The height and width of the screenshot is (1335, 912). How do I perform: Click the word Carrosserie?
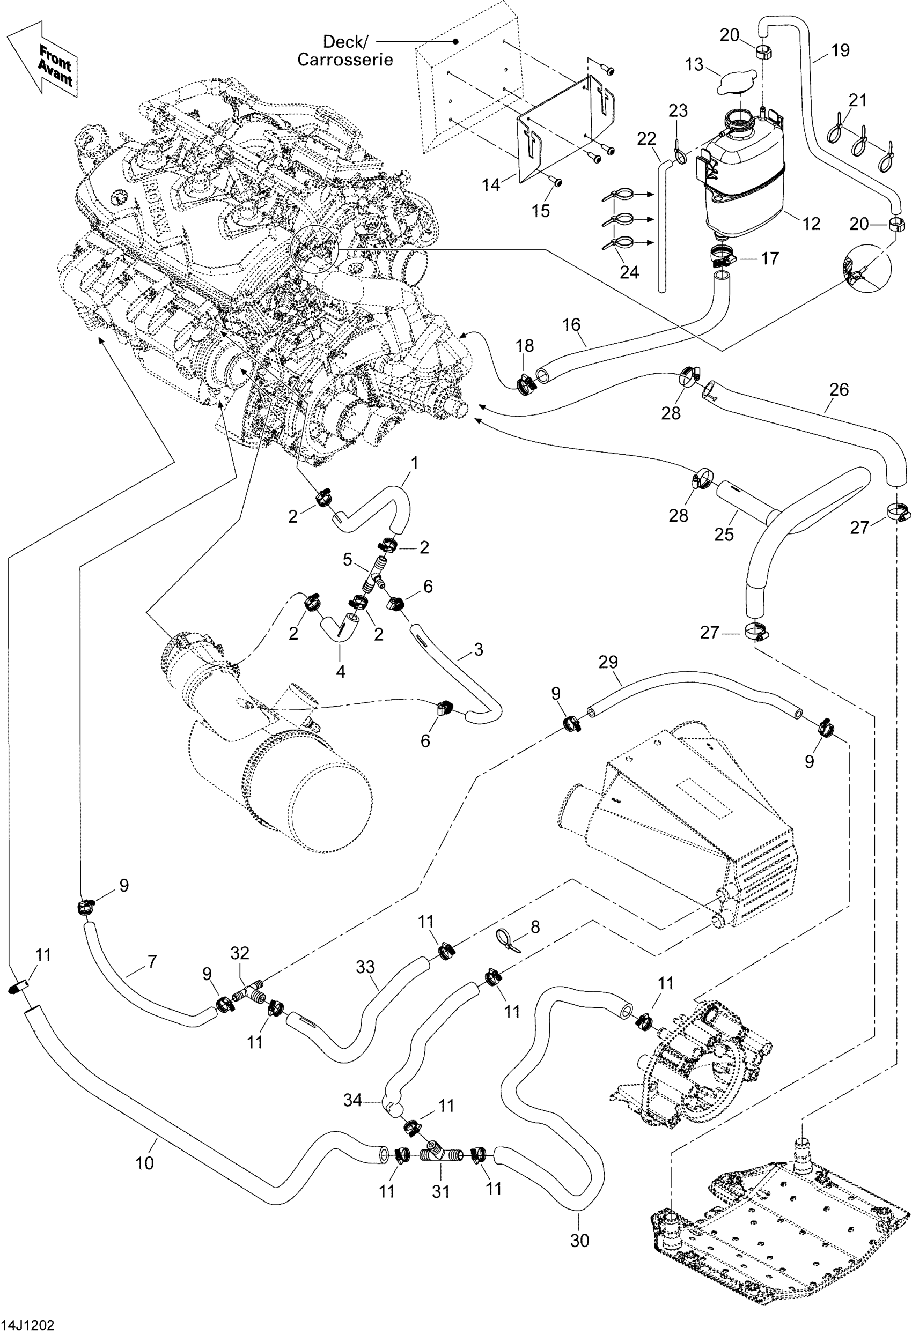(x=345, y=60)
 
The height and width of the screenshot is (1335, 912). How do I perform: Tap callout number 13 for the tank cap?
(x=694, y=64)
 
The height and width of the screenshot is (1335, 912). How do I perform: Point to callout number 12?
(x=810, y=224)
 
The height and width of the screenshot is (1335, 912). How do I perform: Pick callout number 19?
(x=840, y=50)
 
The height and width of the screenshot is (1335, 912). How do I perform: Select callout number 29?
(x=608, y=662)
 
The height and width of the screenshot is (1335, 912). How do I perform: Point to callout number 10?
(x=144, y=1163)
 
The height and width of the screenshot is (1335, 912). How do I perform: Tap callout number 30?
(x=579, y=1240)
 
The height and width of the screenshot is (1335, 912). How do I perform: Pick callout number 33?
(x=365, y=967)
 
